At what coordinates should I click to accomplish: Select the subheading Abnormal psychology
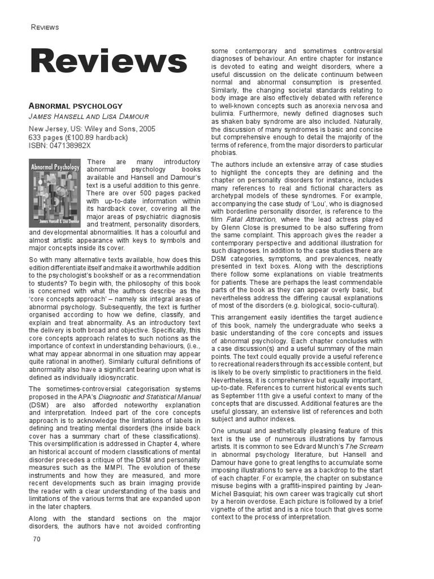tap(75, 106)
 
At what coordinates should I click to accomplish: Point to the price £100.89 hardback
tap(85, 137)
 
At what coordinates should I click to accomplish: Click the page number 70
tap(37, 539)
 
